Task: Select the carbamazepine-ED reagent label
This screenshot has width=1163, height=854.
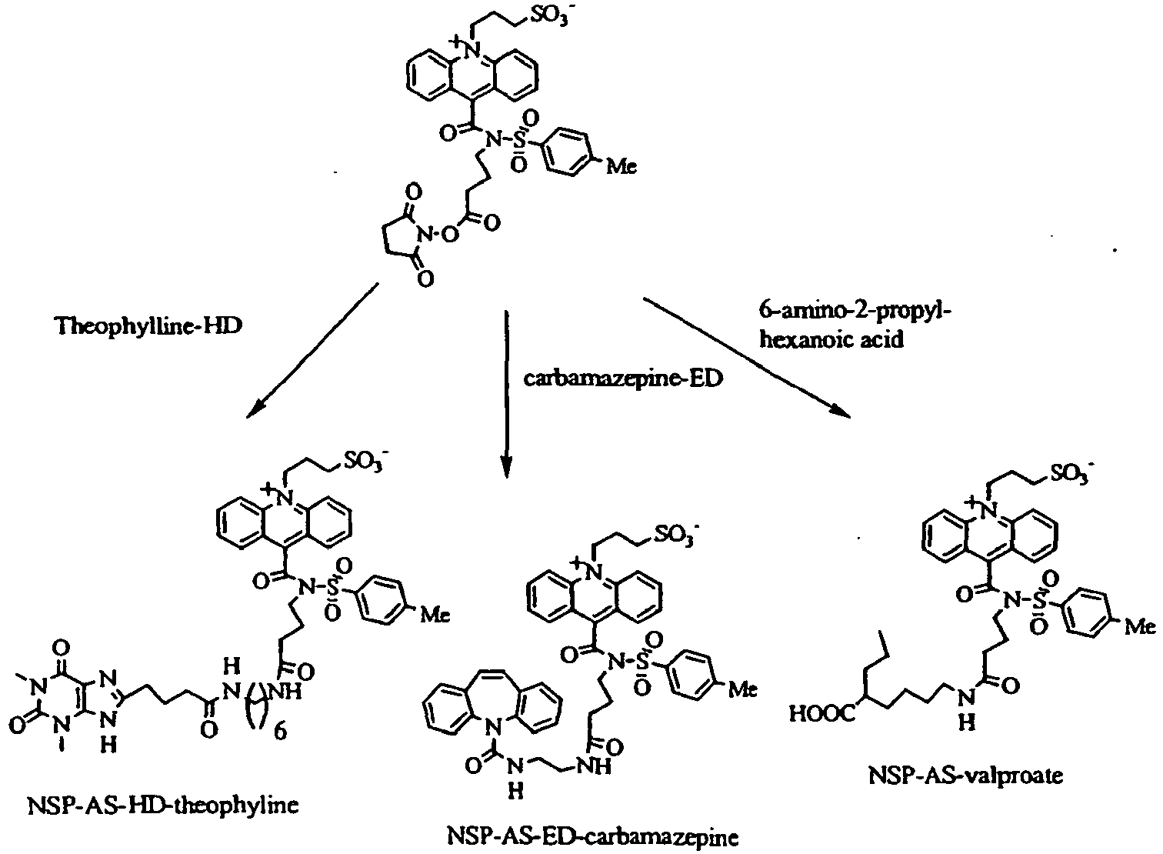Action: click(x=623, y=379)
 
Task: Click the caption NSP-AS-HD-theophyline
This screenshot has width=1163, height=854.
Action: click(x=163, y=806)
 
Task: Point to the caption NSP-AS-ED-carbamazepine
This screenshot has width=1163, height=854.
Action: click(x=592, y=837)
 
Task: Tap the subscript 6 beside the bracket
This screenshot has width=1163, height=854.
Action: click(x=280, y=732)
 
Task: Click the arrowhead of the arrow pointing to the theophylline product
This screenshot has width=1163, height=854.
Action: click(x=255, y=409)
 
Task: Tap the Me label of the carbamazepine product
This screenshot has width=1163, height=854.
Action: click(x=742, y=689)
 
